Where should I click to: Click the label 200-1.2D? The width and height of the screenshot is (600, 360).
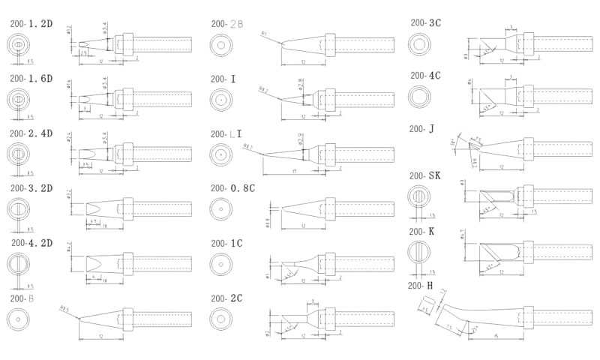pyautogui.click(x=31, y=24)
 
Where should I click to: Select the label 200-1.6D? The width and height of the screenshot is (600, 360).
pyautogui.click(x=31, y=78)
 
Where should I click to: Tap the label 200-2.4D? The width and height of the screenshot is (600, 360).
pyautogui.click(x=31, y=133)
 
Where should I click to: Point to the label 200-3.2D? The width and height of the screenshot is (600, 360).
pyautogui.click(x=31, y=187)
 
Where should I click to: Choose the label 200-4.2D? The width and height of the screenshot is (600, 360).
pyautogui.click(x=31, y=242)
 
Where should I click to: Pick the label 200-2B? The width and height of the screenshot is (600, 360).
pyautogui.click(x=227, y=24)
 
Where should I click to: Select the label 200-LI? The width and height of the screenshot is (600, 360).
pyautogui.click(x=226, y=133)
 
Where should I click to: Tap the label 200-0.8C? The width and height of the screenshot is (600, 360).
pyautogui.click(x=232, y=187)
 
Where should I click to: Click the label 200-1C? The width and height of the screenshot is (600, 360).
pyautogui.click(x=226, y=242)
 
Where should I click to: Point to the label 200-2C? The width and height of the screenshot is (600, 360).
pyautogui.click(x=226, y=298)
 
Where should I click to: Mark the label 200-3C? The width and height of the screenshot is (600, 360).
pyautogui.click(x=426, y=22)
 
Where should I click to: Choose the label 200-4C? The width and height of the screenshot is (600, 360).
pyautogui.click(x=426, y=75)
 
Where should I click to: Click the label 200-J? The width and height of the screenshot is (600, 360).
pyautogui.click(x=421, y=129)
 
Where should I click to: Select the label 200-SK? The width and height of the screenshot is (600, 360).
pyautogui.click(x=424, y=175)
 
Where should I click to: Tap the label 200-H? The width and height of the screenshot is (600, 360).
pyautogui.click(x=420, y=285)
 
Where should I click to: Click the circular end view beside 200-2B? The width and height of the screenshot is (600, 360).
pyautogui.click(x=221, y=45)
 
